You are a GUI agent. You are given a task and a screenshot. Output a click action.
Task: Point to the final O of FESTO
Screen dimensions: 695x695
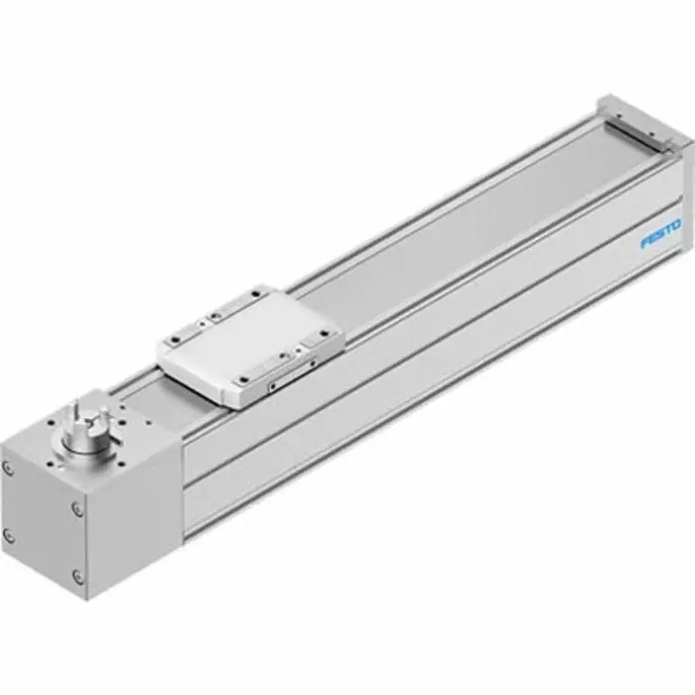click(677, 228)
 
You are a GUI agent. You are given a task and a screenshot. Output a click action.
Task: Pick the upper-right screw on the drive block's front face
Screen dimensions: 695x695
click(77, 509)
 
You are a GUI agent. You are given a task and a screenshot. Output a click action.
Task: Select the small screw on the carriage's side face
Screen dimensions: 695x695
click(273, 380)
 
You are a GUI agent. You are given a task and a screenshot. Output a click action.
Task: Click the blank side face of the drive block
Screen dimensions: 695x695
click(134, 526)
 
